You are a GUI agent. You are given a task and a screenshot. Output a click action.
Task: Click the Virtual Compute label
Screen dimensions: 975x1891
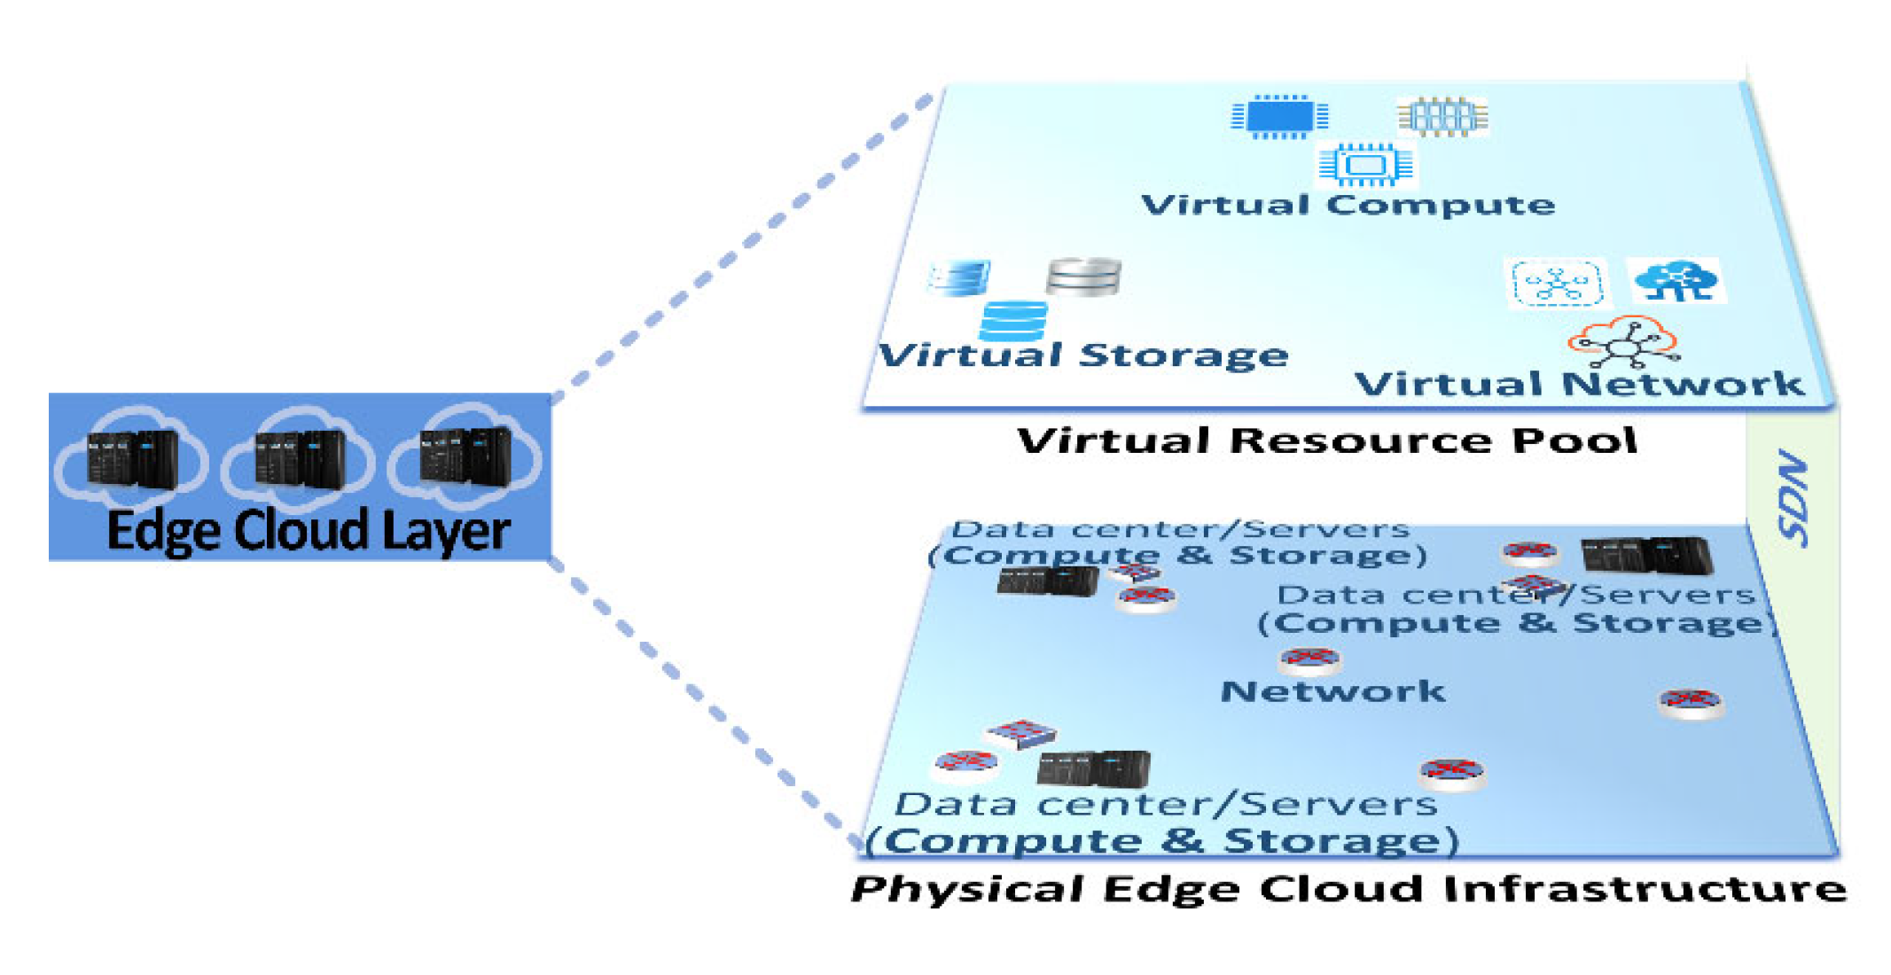[1348, 206]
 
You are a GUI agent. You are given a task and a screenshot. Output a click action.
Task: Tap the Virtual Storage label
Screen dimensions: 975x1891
[1082, 355]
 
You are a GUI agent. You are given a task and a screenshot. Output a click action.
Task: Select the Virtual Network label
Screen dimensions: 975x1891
[1579, 384]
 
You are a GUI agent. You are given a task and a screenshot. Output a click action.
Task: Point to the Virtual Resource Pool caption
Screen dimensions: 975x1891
[1326, 441]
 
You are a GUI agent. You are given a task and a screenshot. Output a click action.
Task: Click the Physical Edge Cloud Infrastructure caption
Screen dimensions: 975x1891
[1348, 889]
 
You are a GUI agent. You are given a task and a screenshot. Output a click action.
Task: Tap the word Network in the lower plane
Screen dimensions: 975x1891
[1332, 691]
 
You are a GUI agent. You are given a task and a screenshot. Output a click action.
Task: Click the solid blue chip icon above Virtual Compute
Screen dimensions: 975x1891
[1279, 116]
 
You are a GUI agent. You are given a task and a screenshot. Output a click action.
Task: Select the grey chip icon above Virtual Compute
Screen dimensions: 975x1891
[1442, 116]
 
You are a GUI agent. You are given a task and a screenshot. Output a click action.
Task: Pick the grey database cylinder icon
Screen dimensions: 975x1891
[1083, 277]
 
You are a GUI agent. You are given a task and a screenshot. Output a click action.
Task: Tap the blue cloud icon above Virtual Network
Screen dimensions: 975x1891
[1676, 280]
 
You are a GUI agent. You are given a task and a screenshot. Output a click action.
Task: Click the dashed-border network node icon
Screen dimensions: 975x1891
[1557, 284]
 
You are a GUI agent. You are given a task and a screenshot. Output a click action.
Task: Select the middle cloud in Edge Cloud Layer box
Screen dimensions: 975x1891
[300, 457]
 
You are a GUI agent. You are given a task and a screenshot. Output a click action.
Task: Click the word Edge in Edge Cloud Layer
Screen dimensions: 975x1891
[163, 531]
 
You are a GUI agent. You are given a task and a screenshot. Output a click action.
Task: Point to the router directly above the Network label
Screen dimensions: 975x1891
[1309, 660]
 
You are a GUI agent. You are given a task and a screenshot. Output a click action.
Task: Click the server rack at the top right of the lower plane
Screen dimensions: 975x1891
[1646, 556]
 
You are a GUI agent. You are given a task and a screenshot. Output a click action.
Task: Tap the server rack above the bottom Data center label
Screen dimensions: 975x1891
[1093, 768]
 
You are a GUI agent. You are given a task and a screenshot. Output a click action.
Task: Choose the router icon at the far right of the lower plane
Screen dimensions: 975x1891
[1691, 704]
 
